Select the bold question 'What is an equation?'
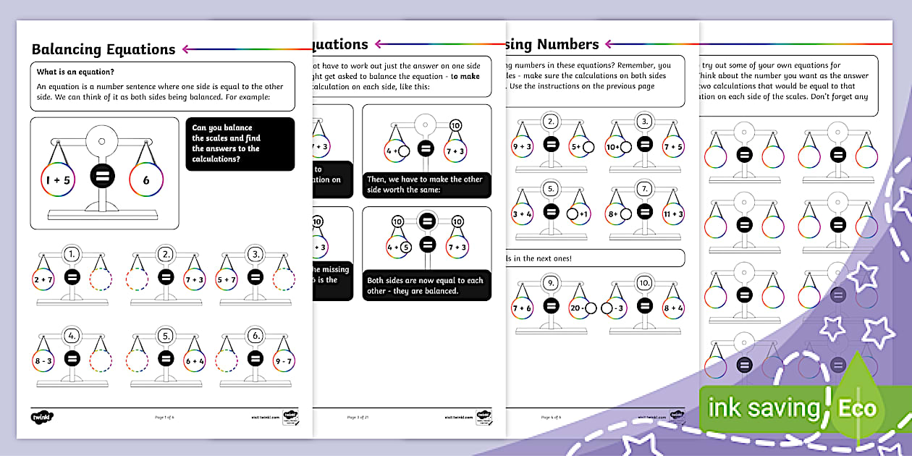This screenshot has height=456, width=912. (75, 72)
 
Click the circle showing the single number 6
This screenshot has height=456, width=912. (145, 180)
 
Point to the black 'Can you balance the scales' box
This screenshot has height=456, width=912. (240, 144)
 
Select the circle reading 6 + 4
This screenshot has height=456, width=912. (195, 359)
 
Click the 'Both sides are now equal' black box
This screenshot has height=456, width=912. (426, 286)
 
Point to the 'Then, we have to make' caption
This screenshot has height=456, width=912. (426, 184)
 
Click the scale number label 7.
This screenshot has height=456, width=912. (643, 190)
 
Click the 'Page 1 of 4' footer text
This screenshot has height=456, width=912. (164, 417)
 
